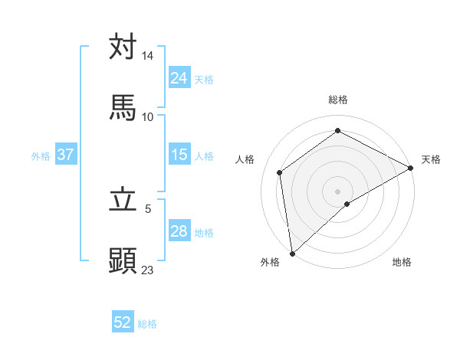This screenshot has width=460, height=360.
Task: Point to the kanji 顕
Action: pos(123,260)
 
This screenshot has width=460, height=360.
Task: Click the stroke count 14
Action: pos(148,56)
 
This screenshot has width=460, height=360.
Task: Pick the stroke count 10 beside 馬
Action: pos(148,116)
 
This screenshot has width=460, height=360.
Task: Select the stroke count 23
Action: pos(148,270)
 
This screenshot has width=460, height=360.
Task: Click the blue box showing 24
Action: pos(179,78)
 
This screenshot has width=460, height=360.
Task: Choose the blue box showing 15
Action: pos(179,155)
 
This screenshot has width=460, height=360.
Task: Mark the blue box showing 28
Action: pos(179,231)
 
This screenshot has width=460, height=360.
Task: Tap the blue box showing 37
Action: pos(66,155)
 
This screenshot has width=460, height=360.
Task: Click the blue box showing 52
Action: pos(123,323)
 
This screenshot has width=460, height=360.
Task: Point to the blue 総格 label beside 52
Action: pos(147,324)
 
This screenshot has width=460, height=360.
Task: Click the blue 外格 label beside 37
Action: pos(41,155)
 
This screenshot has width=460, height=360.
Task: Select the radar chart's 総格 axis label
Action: pos(338,100)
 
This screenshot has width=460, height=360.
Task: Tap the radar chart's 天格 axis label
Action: pos(431,159)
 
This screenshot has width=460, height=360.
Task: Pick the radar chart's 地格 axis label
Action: pos(402,263)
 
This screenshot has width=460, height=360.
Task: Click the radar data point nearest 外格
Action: pos(292,254)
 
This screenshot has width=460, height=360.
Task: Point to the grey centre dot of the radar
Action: pos(338,191)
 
